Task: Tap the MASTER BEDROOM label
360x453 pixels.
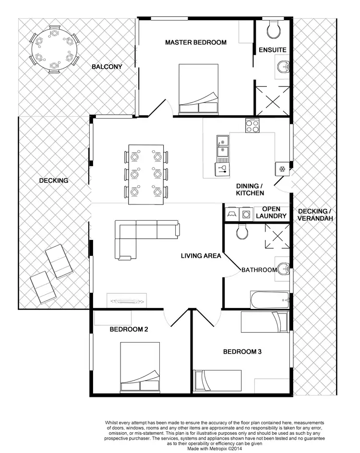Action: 195,42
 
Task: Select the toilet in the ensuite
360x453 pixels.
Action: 274,29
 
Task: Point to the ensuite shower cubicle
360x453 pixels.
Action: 272,101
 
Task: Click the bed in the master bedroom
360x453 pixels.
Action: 198,90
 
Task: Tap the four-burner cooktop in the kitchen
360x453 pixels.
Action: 252,126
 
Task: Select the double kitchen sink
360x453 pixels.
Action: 222,146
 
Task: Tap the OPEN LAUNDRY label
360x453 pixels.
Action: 271,213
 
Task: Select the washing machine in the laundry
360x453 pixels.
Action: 246,215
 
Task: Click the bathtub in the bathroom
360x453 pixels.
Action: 270,300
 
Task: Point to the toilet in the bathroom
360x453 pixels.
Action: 242,232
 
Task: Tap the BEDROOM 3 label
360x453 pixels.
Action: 242,352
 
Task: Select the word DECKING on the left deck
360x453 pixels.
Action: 53,180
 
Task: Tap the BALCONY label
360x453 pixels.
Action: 107,67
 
